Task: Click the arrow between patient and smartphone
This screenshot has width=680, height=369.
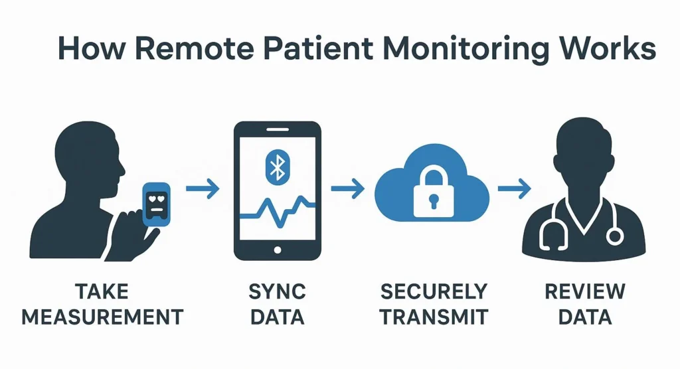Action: (202, 190)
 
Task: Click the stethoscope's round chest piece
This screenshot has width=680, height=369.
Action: (616, 235)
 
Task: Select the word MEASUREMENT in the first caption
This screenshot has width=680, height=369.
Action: (102, 317)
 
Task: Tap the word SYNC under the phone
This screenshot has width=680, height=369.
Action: (277, 292)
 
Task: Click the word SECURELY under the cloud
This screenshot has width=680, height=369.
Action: (434, 292)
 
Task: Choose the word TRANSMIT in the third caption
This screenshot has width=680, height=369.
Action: (434, 317)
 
